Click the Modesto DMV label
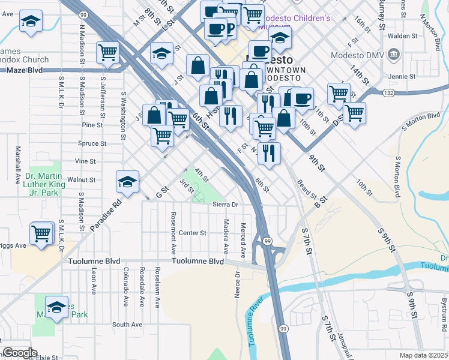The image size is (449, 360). (358, 56)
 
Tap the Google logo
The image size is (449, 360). (20, 353)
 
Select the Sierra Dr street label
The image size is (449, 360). (226, 205)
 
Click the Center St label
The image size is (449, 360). (192, 233)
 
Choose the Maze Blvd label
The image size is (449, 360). (25, 70)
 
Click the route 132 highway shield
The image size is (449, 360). (388, 92)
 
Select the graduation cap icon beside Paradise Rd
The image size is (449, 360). (127, 182)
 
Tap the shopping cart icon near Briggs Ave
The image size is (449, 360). (41, 233)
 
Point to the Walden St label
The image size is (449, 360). (402, 36)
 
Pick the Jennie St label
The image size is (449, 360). (402, 77)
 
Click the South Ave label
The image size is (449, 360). (127, 325)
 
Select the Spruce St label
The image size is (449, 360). (92, 143)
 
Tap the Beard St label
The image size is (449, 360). (307, 188)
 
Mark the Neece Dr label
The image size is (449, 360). (237, 284)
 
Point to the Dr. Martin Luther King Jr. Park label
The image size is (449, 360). (43, 185)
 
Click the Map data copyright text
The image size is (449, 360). (424, 355)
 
